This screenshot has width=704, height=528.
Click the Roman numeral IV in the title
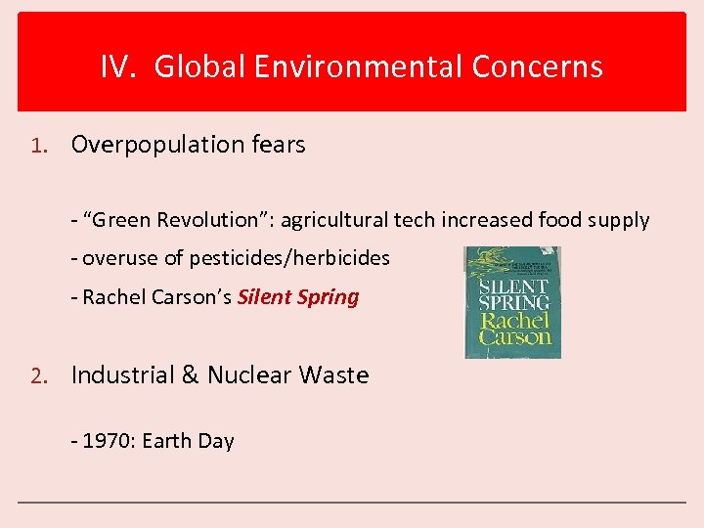point(118,66)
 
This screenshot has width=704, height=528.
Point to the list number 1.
point(36,146)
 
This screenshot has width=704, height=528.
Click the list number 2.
point(36,376)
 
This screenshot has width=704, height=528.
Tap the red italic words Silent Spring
point(298,297)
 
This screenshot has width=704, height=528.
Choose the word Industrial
point(123,375)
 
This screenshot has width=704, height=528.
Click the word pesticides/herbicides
point(289,259)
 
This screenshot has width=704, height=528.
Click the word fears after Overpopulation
point(279,145)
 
